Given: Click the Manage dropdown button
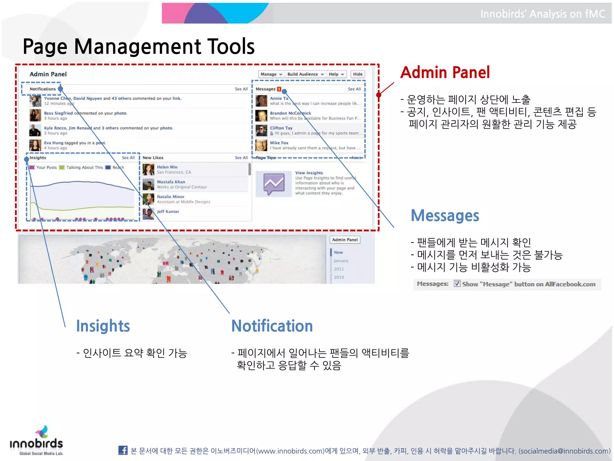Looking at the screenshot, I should tap(271, 74).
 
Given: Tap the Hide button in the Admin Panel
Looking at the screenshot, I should tap(357, 74).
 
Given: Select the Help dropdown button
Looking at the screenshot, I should tap(336, 74).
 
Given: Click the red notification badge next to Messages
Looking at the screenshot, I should tap(279, 89).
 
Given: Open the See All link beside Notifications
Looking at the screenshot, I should tap(241, 89).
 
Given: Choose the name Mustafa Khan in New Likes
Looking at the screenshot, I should tap(171, 182).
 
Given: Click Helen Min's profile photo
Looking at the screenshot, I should tap(148, 170).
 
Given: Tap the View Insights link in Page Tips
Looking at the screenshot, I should tap(309, 173).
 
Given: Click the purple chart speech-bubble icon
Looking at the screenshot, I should tap(274, 184).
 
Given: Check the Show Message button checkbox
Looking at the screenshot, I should tap(457, 284).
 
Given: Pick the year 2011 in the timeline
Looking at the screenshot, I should tap(339, 269).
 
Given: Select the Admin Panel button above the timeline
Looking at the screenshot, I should tap(345, 240).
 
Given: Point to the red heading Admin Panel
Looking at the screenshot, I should tap(445, 73).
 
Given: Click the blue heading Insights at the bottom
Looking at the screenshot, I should tap(103, 326).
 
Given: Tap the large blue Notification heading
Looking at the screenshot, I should tap(272, 326).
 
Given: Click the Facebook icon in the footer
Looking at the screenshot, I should tap(123, 450).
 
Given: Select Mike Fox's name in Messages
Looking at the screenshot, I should tap(279, 143).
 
